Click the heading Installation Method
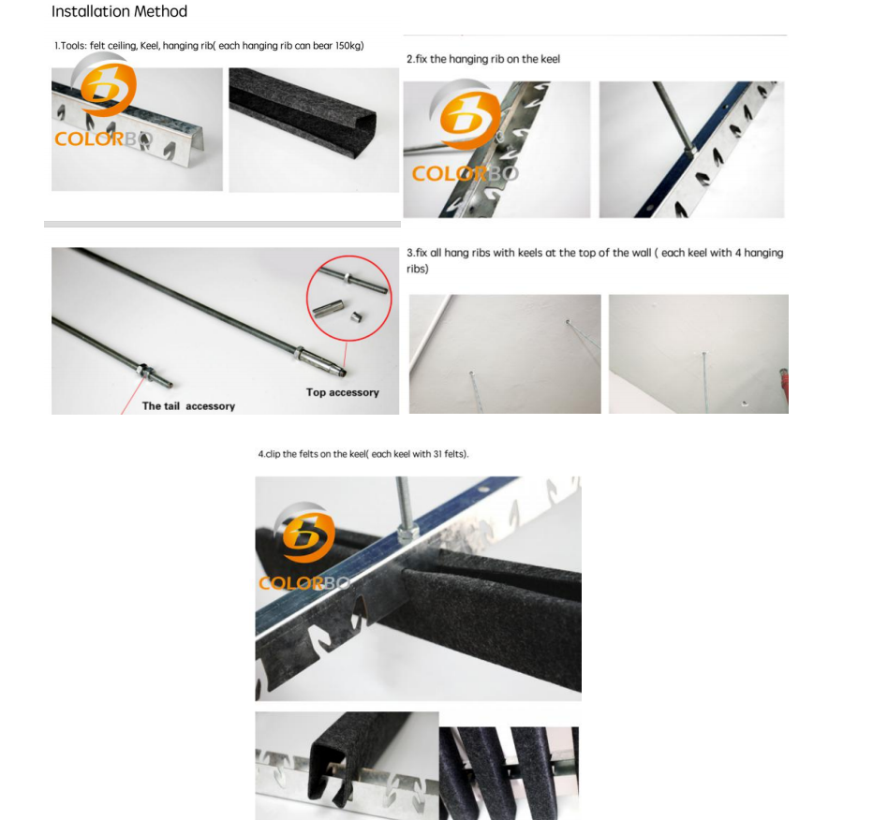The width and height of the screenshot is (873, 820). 119,11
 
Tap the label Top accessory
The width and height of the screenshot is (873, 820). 343,392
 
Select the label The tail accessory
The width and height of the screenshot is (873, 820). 188,406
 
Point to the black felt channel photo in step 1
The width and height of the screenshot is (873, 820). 314,130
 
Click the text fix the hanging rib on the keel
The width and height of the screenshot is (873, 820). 488,59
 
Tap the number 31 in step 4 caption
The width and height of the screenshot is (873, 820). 437,454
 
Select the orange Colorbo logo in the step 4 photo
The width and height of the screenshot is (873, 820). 304,548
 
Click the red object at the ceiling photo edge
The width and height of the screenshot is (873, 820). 784,384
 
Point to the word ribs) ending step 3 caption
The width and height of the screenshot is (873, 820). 418,270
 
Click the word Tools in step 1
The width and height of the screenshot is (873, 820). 73,46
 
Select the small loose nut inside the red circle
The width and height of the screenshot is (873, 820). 356,316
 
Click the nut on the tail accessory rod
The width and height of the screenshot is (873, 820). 144,370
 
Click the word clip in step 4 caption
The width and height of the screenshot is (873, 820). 273,454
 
